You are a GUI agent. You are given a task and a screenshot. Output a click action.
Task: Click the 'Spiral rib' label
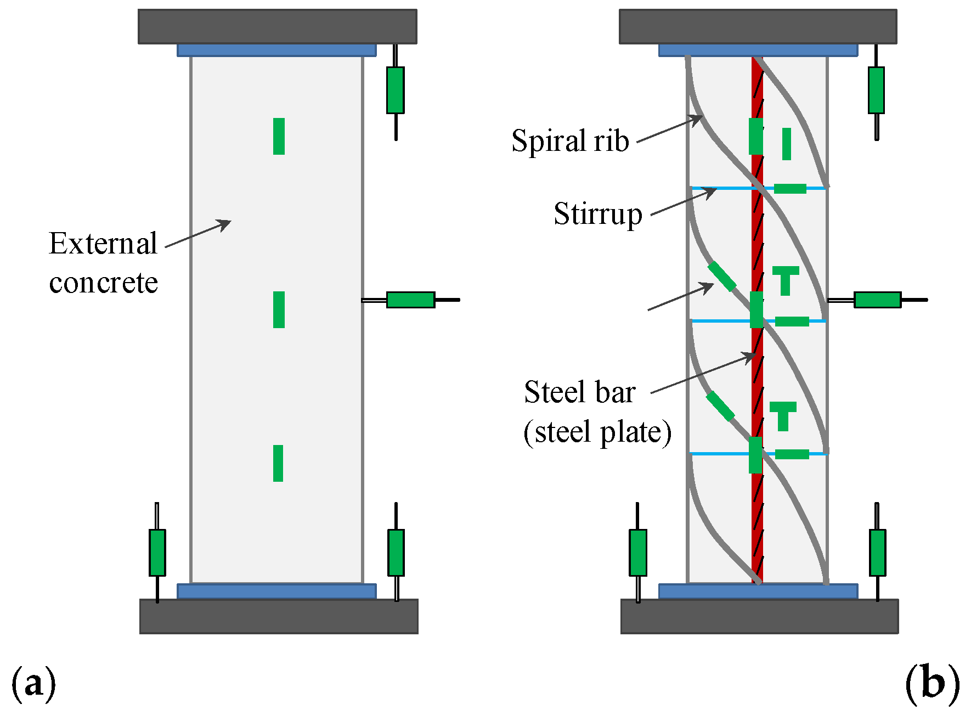pos(569,141)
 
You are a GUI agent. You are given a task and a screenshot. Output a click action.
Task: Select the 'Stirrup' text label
pos(597,214)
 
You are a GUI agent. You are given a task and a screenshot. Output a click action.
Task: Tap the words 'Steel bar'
pos(579,392)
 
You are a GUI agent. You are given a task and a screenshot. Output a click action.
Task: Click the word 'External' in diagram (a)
pos(103,244)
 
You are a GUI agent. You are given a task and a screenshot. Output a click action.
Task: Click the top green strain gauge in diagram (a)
pos(279,136)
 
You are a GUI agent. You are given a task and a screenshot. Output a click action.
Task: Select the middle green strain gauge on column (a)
pos(279,309)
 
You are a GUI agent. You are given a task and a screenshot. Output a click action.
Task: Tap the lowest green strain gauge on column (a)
pos(278,464)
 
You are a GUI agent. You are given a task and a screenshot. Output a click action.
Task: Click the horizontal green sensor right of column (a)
pos(410,300)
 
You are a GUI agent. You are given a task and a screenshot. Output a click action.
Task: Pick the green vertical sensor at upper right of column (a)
pos(395,90)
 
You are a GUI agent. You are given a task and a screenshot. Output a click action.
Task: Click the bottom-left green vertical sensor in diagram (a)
pos(157,553)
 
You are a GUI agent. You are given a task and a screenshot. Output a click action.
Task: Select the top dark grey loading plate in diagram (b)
pos(758,26)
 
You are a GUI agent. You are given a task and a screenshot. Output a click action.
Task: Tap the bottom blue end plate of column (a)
pos(276,592)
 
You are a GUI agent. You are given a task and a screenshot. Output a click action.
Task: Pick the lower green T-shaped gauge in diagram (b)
pos(783,415)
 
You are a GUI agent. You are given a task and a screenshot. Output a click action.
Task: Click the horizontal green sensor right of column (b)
pos(877,300)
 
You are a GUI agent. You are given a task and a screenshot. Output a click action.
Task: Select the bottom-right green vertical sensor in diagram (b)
pos(877,553)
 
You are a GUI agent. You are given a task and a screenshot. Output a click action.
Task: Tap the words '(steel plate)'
pos(597,432)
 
